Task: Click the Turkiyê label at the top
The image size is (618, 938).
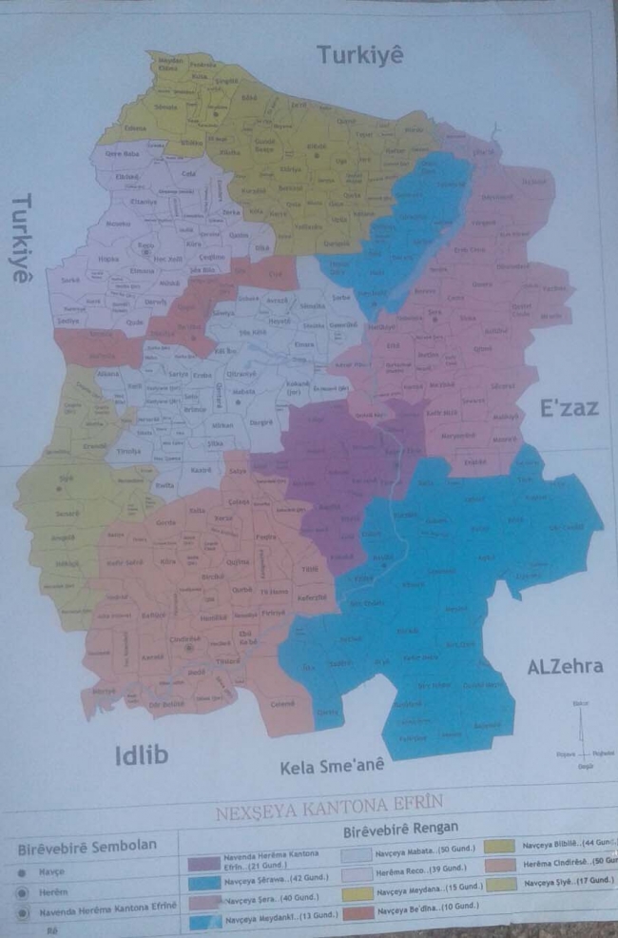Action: point(360,55)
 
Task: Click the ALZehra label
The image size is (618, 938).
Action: point(564,666)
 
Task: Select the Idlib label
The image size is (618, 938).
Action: point(141,756)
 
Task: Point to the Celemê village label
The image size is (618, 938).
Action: point(282,703)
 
